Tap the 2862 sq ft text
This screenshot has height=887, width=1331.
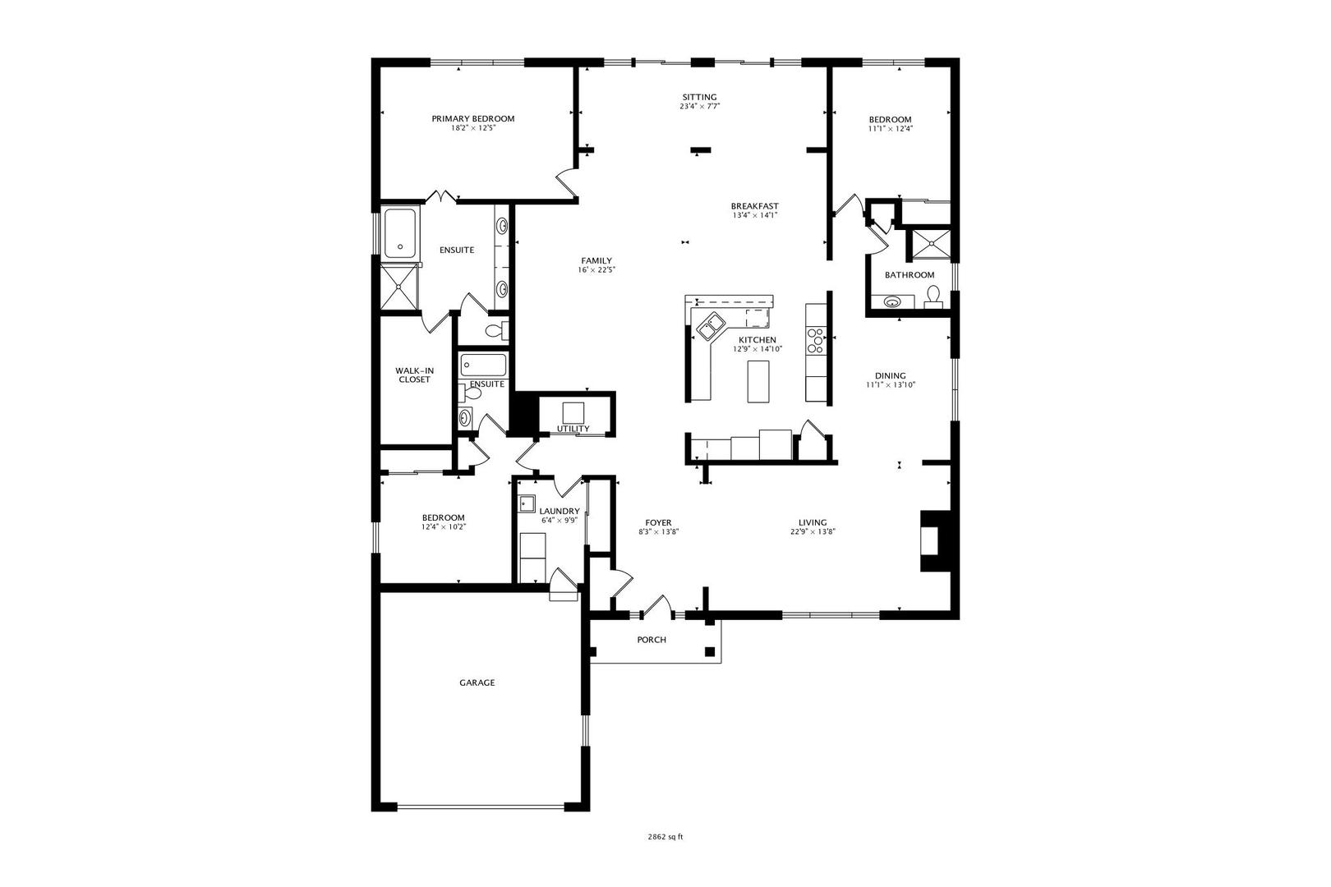point(665,837)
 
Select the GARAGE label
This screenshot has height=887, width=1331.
point(477,682)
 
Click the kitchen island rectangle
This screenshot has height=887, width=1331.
point(758,381)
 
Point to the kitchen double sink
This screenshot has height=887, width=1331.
point(711,326)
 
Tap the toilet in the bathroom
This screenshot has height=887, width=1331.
point(933,295)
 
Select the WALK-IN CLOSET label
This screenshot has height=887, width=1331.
point(414,375)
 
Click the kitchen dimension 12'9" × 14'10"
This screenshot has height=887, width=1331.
point(757,349)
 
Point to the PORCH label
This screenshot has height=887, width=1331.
point(652,640)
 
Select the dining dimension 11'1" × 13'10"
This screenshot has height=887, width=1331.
point(890,385)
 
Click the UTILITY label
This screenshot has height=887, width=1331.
point(573,429)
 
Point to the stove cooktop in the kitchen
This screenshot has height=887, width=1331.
point(816,339)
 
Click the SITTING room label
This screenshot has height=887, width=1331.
point(699,97)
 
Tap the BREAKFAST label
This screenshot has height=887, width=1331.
point(754,206)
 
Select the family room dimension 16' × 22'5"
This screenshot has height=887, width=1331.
point(596,269)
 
